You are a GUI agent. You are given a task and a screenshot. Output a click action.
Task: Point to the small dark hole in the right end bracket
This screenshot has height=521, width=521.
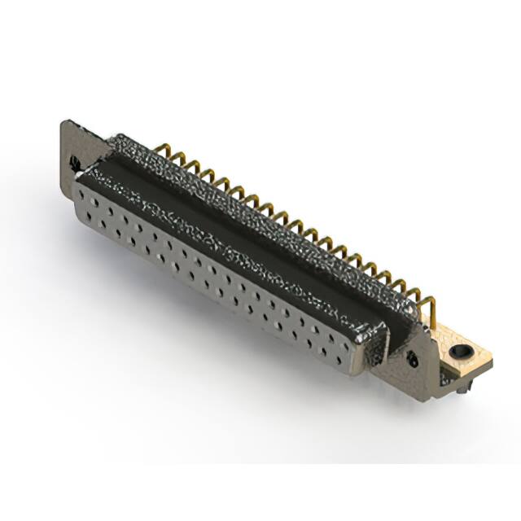point(410,359)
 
